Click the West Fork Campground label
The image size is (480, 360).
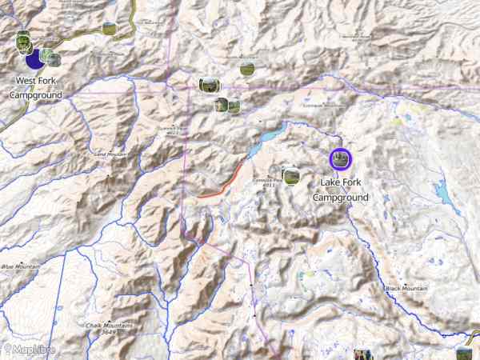[36, 88]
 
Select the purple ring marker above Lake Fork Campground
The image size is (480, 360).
[340, 158]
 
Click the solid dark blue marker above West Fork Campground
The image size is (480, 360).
[34, 59]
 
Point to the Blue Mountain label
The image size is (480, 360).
[20, 266]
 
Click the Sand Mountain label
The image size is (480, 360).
[110, 154]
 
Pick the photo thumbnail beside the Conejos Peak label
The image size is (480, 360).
[291, 175]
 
